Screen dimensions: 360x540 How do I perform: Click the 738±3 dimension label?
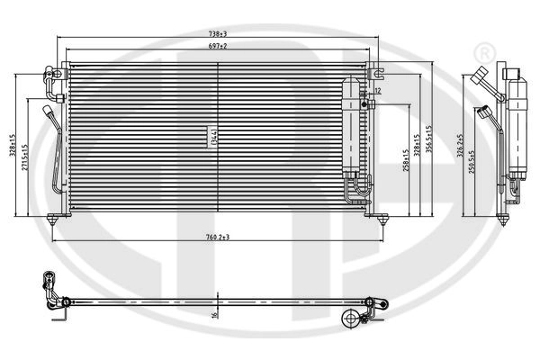[217, 33]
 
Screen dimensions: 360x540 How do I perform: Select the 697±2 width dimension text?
[218, 45]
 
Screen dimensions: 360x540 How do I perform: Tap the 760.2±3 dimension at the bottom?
[217, 238]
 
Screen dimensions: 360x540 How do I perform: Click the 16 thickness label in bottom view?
[214, 314]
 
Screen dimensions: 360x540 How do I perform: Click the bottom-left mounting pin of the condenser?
[57, 218]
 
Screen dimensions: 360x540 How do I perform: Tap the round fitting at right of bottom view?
[351, 317]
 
